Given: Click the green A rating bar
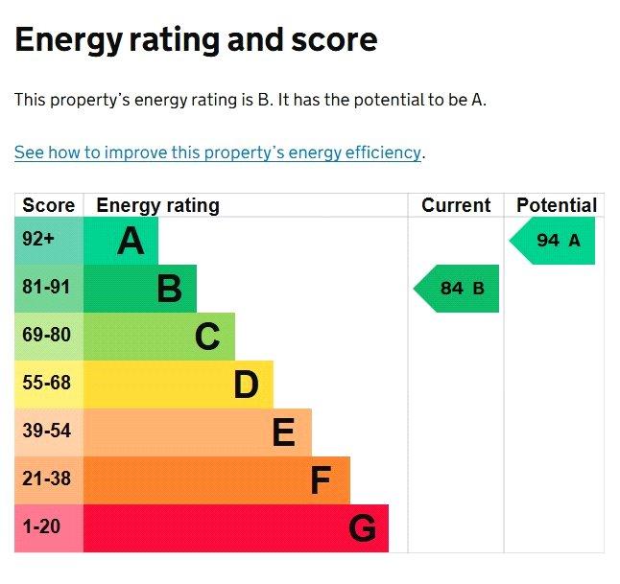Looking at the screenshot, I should tap(121, 241).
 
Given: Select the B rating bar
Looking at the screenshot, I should tap(140, 289).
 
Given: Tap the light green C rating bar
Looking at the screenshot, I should tap(159, 337).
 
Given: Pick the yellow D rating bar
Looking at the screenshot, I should tap(179, 385).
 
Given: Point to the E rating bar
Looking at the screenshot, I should tap(198, 432).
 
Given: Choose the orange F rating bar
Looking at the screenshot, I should tap(217, 480).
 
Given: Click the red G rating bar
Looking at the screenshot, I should tap(236, 528).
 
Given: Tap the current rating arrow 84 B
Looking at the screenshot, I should tap(458, 289).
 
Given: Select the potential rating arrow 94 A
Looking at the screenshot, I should tap(554, 241).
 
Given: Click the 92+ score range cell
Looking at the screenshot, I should tap(49, 241).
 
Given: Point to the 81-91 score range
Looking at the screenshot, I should tap(49, 289).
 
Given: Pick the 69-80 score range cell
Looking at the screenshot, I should tap(49, 337).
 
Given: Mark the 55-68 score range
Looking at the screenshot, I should tap(49, 385).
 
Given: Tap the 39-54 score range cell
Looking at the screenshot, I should tap(49, 432).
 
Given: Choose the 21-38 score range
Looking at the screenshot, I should tap(49, 480).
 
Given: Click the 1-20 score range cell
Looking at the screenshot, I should tap(49, 528).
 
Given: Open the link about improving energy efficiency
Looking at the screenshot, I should tap(218, 152).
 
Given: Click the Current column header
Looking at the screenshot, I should tap(456, 205).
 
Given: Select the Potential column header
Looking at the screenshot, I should tap(556, 205).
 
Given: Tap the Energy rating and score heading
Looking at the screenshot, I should tap(196, 39).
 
